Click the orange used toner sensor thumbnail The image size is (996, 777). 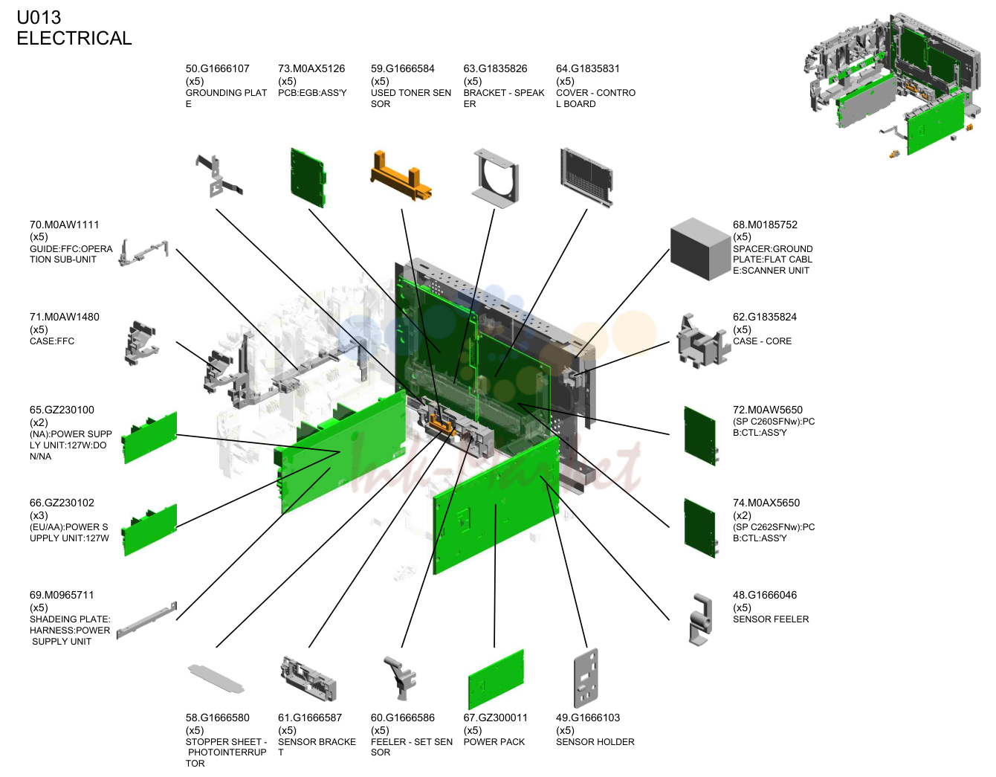[x=401, y=177]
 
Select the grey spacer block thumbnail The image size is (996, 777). [x=700, y=248]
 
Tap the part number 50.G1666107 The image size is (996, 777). [x=217, y=68]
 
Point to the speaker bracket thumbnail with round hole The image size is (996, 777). [x=496, y=178]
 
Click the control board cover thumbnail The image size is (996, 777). [x=586, y=178]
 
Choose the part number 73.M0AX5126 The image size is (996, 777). [x=311, y=68]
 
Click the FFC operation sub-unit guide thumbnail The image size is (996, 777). [x=143, y=253]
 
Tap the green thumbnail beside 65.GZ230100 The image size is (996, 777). [x=149, y=438]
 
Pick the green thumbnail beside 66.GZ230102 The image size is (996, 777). [x=149, y=530]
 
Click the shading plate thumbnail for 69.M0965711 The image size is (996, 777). [x=146, y=620]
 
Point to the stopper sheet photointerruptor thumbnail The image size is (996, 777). [x=216, y=678]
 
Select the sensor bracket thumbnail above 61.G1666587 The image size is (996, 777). [x=308, y=678]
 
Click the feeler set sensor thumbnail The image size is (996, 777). [x=401, y=678]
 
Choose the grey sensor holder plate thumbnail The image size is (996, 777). [x=586, y=677]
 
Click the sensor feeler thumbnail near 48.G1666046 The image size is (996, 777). [x=700, y=620]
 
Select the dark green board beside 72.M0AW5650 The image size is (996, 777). [x=700, y=436]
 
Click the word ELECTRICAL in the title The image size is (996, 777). [x=74, y=38]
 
